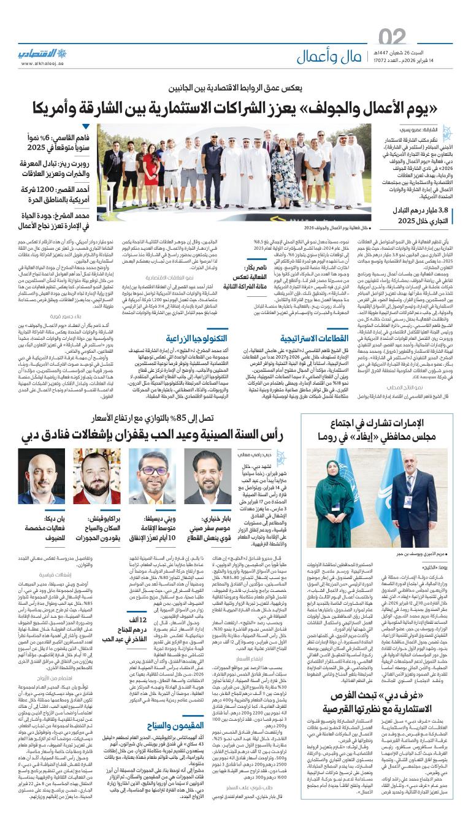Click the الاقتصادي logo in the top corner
click(x=45, y=52)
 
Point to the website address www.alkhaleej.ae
click(x=44, y=63)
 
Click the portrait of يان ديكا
click(x=41, y=476)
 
